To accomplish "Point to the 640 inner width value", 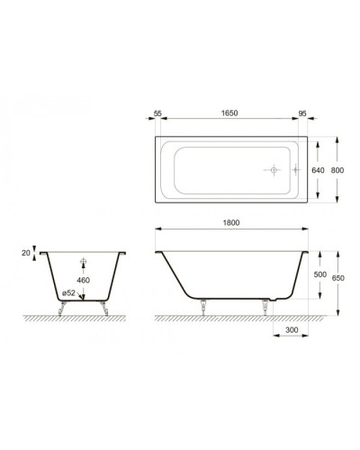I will coord(316,169).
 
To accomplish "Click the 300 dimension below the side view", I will coord(290,330).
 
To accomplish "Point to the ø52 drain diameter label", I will coord(67,293).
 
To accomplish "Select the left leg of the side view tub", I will coord(208,306).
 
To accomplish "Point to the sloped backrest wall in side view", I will coord(170,270).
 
